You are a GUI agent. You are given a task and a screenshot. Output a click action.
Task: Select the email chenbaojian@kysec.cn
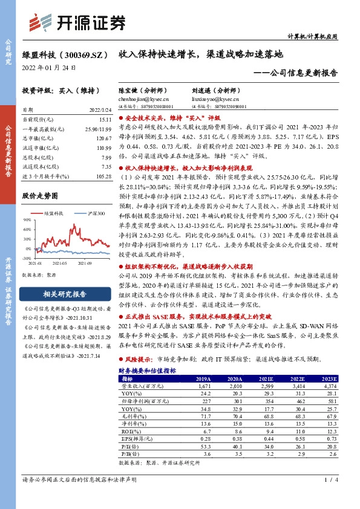(143, 99)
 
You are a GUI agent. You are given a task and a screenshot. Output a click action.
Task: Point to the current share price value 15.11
(102, 120)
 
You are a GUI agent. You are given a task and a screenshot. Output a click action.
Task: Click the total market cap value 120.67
(100, 138)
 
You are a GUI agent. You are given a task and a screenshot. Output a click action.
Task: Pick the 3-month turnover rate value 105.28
(100, 176)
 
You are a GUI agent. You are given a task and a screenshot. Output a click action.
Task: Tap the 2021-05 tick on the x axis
(59, 264)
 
